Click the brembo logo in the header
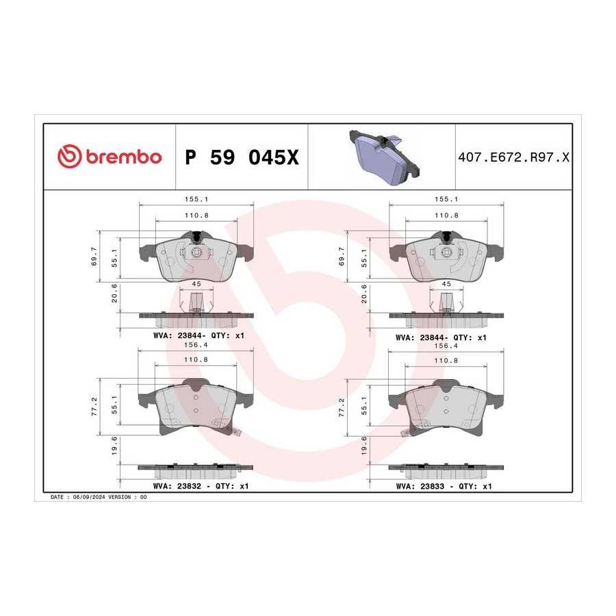coord(110,156)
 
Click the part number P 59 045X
coord(242,157)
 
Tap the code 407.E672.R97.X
coord(513,157)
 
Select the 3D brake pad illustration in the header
coord(384,157)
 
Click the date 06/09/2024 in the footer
coord(89,497)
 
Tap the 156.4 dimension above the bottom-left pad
coord(196,344)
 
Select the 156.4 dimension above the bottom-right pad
coord(446,346)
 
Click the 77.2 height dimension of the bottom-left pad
coord(94,406)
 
